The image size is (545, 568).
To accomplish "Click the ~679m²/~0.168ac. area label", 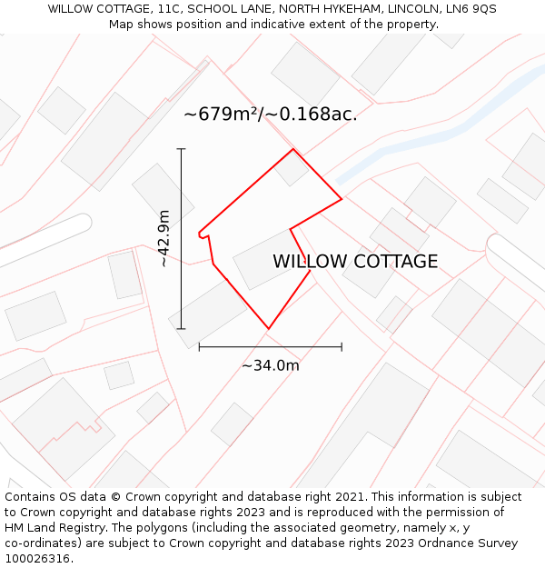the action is (271, 115).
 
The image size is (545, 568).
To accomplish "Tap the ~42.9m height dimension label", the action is (163, 238).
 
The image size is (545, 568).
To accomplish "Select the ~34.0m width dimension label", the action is (270, 365).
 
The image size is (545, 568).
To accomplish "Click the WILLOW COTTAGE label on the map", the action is (355, 262).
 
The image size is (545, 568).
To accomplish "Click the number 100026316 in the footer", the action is (38, 559).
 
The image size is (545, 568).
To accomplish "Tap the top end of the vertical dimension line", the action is (181, 149).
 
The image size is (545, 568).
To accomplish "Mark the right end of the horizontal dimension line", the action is (342, 346).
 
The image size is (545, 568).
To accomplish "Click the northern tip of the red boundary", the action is (292, 149).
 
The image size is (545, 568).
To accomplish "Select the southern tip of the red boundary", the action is (268, 328).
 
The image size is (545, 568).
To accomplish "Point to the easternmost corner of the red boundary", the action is (342, 198).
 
